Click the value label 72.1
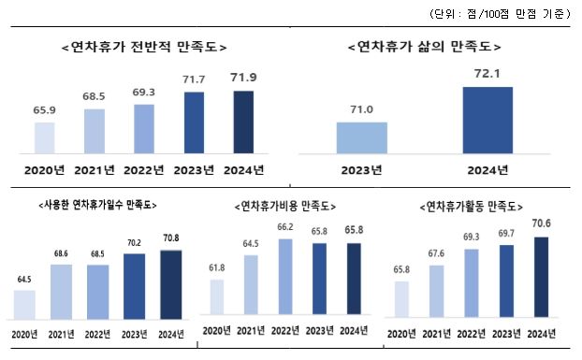tap(487, 71)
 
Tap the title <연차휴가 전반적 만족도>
tap(142, 46)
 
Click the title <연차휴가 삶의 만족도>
tap(424, 46)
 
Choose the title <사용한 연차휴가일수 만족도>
tap(97, 204)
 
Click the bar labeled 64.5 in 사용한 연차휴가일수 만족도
tap(24, 304)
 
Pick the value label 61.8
tap(215, 266)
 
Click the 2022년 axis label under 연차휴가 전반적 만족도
tap(144, 169)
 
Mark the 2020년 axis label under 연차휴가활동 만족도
tap(402, 333)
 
